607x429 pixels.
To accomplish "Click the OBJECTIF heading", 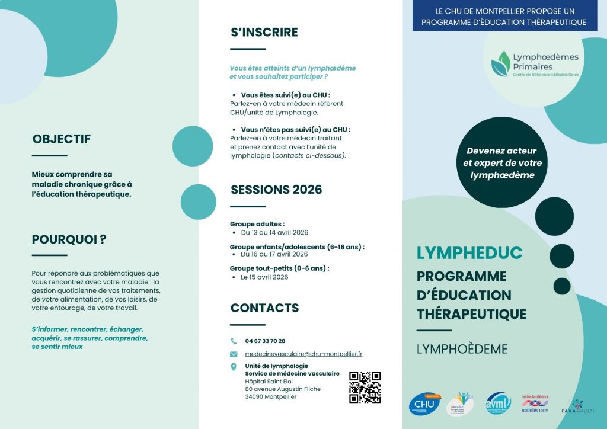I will [62, 139].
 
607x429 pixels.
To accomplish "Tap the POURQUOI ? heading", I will [69, 239].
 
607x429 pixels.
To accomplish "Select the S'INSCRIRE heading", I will [264, 32].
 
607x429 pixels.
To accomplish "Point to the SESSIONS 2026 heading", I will [276, 190].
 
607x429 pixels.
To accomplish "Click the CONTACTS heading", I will [264, 308].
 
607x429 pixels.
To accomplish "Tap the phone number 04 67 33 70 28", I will [265, 341].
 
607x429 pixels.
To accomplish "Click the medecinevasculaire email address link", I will [303, 354].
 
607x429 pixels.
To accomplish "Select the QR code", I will [365, 387].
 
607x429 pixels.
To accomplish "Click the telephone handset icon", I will [234, 341].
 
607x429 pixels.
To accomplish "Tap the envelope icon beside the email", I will [234, 354].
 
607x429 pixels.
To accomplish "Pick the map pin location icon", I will [234, 367].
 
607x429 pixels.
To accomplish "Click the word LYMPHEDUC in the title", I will [469, 253].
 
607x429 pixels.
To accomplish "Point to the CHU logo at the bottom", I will [424, 404].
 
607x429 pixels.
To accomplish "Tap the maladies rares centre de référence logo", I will [535, 404].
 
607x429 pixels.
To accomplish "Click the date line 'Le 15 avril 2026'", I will [264, 277].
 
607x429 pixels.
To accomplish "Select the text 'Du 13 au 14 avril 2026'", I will [274, 233].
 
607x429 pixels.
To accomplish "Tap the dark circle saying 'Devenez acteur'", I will [503, 163].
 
